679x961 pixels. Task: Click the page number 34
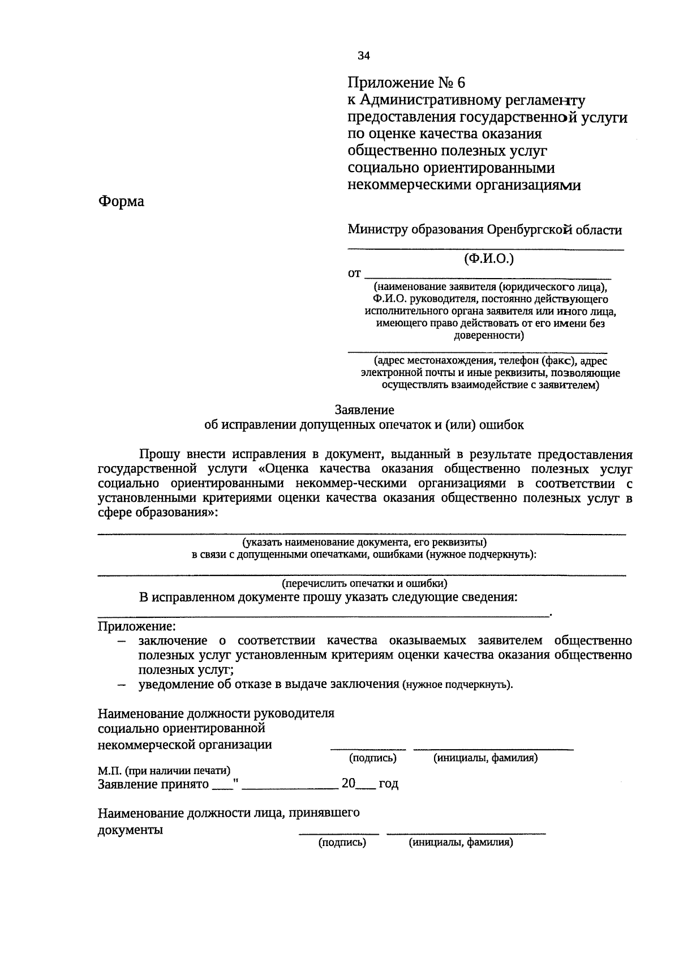(363, 55)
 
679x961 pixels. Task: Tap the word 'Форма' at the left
(121, 202)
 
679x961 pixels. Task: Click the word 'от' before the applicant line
(354, 274)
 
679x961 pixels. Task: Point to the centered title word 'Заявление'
(364, 409)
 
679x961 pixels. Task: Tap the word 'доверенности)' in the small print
(489, 335)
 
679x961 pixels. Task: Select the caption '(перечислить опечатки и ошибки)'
(364, 583)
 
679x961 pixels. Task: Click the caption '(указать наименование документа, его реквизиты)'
(364, 541)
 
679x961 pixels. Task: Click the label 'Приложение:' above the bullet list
(136, 626)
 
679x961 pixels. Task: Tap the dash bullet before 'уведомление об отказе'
(121, 685)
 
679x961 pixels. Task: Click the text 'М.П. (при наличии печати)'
(164, 771)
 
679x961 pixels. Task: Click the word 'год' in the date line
(388, 784)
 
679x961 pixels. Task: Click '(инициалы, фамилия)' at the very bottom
(461, 843)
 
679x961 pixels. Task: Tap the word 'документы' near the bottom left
(130, 830)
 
